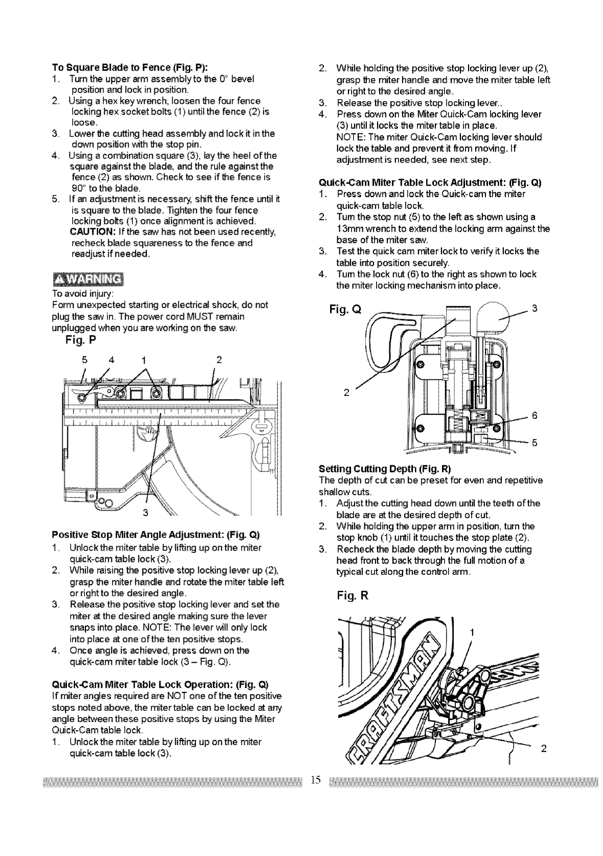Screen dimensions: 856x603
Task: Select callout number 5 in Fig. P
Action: [84, 359]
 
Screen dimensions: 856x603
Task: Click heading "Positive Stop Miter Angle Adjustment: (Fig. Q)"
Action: [156, 535]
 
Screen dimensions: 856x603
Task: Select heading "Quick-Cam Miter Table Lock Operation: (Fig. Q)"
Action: [160, 685]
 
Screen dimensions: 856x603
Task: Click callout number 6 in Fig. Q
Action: [535, 416]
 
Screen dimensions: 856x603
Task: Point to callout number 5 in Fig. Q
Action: [535, 443]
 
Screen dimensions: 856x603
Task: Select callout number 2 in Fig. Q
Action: [346, 393]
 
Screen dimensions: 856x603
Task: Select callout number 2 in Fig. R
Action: [543, 750]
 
